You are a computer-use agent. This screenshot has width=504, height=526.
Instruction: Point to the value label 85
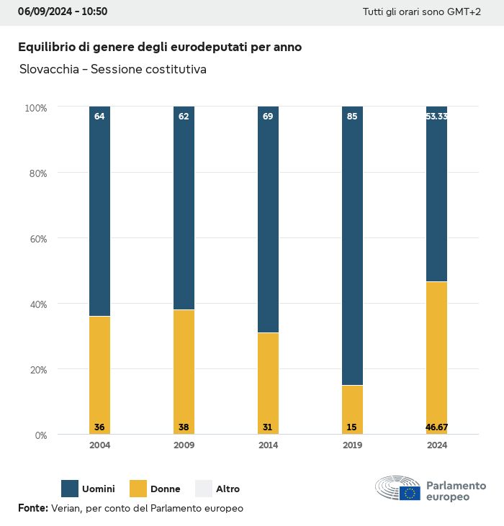click(352, 116)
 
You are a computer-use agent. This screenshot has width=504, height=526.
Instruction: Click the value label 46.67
click(436, 427)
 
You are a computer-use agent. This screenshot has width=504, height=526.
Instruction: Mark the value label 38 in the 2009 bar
click(184, 427)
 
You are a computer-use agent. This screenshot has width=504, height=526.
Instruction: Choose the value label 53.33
click(436, 116)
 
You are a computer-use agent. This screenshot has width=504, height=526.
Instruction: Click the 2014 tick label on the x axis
click(268, 445)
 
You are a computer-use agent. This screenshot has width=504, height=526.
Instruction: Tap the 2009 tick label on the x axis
click(184, 445)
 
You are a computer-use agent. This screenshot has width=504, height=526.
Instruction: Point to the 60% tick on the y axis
click(37, 238)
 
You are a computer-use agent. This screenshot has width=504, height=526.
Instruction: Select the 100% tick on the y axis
click(35, 108)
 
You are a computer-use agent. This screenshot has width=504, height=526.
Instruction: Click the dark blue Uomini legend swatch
click(70, 489)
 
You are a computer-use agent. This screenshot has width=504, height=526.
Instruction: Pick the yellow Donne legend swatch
click(138, 489)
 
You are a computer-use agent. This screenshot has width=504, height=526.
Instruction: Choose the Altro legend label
click(228, 489)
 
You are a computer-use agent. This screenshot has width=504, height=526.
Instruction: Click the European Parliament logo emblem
click(397, 489)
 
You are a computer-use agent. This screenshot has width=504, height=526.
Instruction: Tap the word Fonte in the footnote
click(32, 508)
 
